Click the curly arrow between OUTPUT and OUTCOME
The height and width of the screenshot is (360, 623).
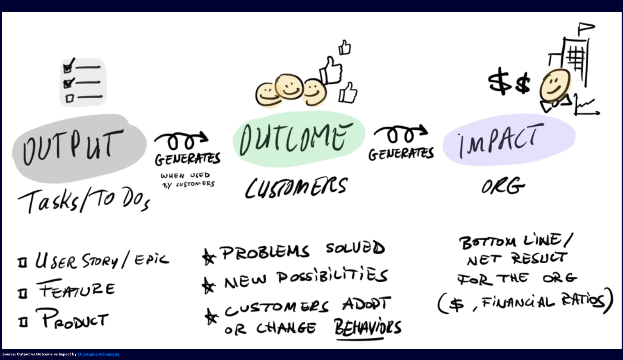click(181, 141)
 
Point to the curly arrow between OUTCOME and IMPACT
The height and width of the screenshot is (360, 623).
click(400, 134)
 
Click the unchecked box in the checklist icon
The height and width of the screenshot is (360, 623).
click(69, 98)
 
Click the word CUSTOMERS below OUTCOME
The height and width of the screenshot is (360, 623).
click(296, 187)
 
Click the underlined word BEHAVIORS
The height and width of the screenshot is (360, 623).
click(368, 327)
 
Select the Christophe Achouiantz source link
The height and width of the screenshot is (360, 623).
click(98, 354)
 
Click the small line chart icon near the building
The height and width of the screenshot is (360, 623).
click(586, 105)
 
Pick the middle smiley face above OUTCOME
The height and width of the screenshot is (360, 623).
click(289, 86)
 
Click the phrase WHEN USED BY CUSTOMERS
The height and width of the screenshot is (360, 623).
click(187, 180)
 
